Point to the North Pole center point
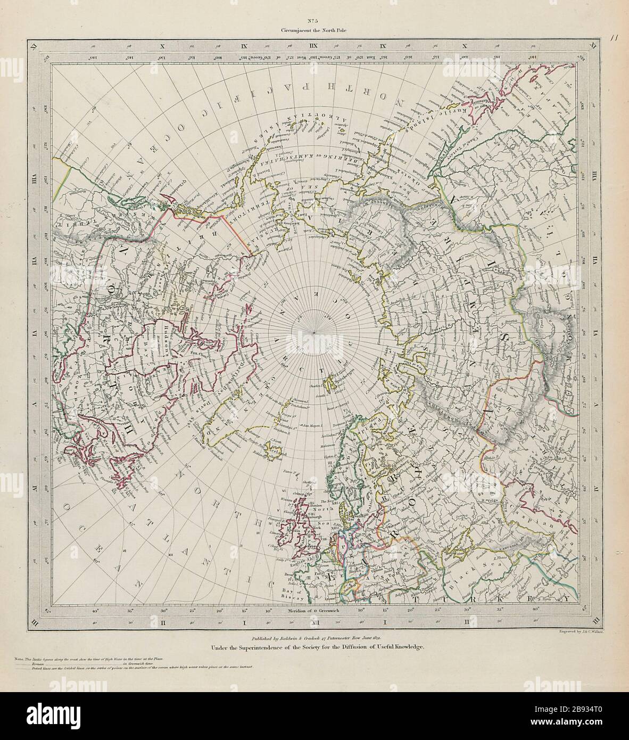315,333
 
